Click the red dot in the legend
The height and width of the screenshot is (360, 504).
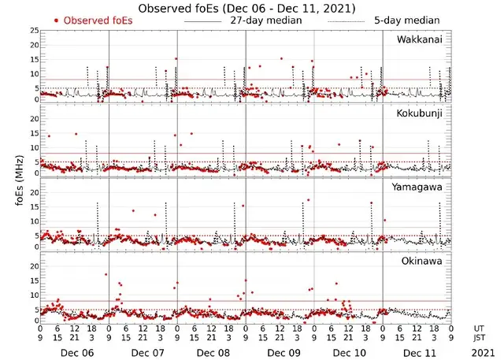pos(56,20)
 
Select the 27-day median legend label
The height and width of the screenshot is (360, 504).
pos(265,20)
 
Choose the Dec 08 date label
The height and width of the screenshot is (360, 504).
pos(213,352)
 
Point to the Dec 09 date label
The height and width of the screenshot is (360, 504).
pos(281,352)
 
